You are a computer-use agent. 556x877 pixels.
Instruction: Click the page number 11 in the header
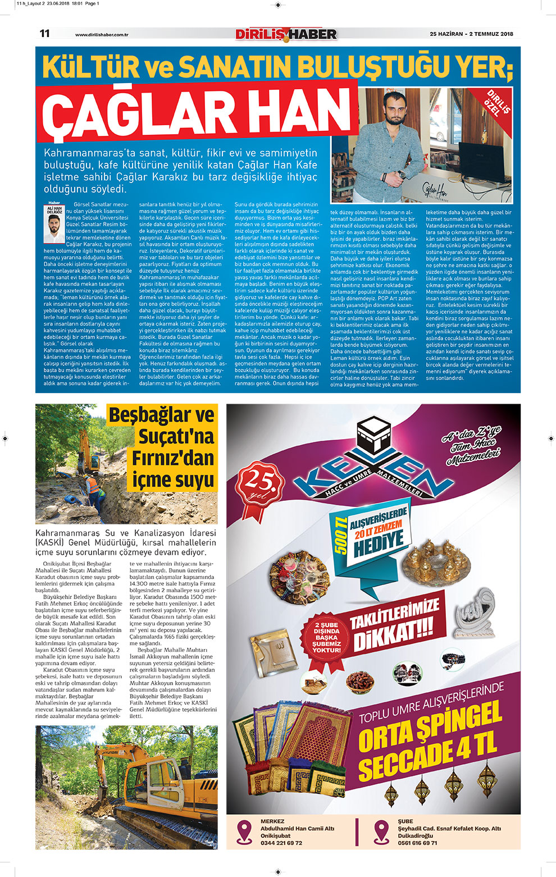click(45, 34)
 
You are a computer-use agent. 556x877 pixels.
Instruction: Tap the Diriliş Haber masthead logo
click(286, 34)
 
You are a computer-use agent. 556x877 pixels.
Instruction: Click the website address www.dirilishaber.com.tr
click(102, 35)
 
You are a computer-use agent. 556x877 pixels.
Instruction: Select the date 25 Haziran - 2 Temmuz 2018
click(471, 34)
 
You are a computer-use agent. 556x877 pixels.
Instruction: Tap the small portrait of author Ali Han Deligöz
click(54, 227)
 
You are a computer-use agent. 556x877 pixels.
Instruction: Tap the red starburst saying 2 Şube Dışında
click(327, 637)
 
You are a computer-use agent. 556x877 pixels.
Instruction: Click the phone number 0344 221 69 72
click(281, 843)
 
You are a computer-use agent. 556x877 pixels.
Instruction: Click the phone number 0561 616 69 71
click(417, 843)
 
